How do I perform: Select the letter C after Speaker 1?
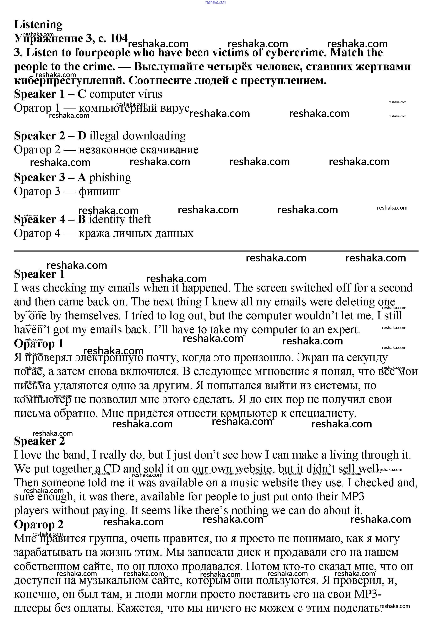coord(82,94)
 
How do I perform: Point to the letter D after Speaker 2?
coord(82,136)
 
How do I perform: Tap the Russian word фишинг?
coord(99,192)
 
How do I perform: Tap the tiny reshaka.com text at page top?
coord(215,2)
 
